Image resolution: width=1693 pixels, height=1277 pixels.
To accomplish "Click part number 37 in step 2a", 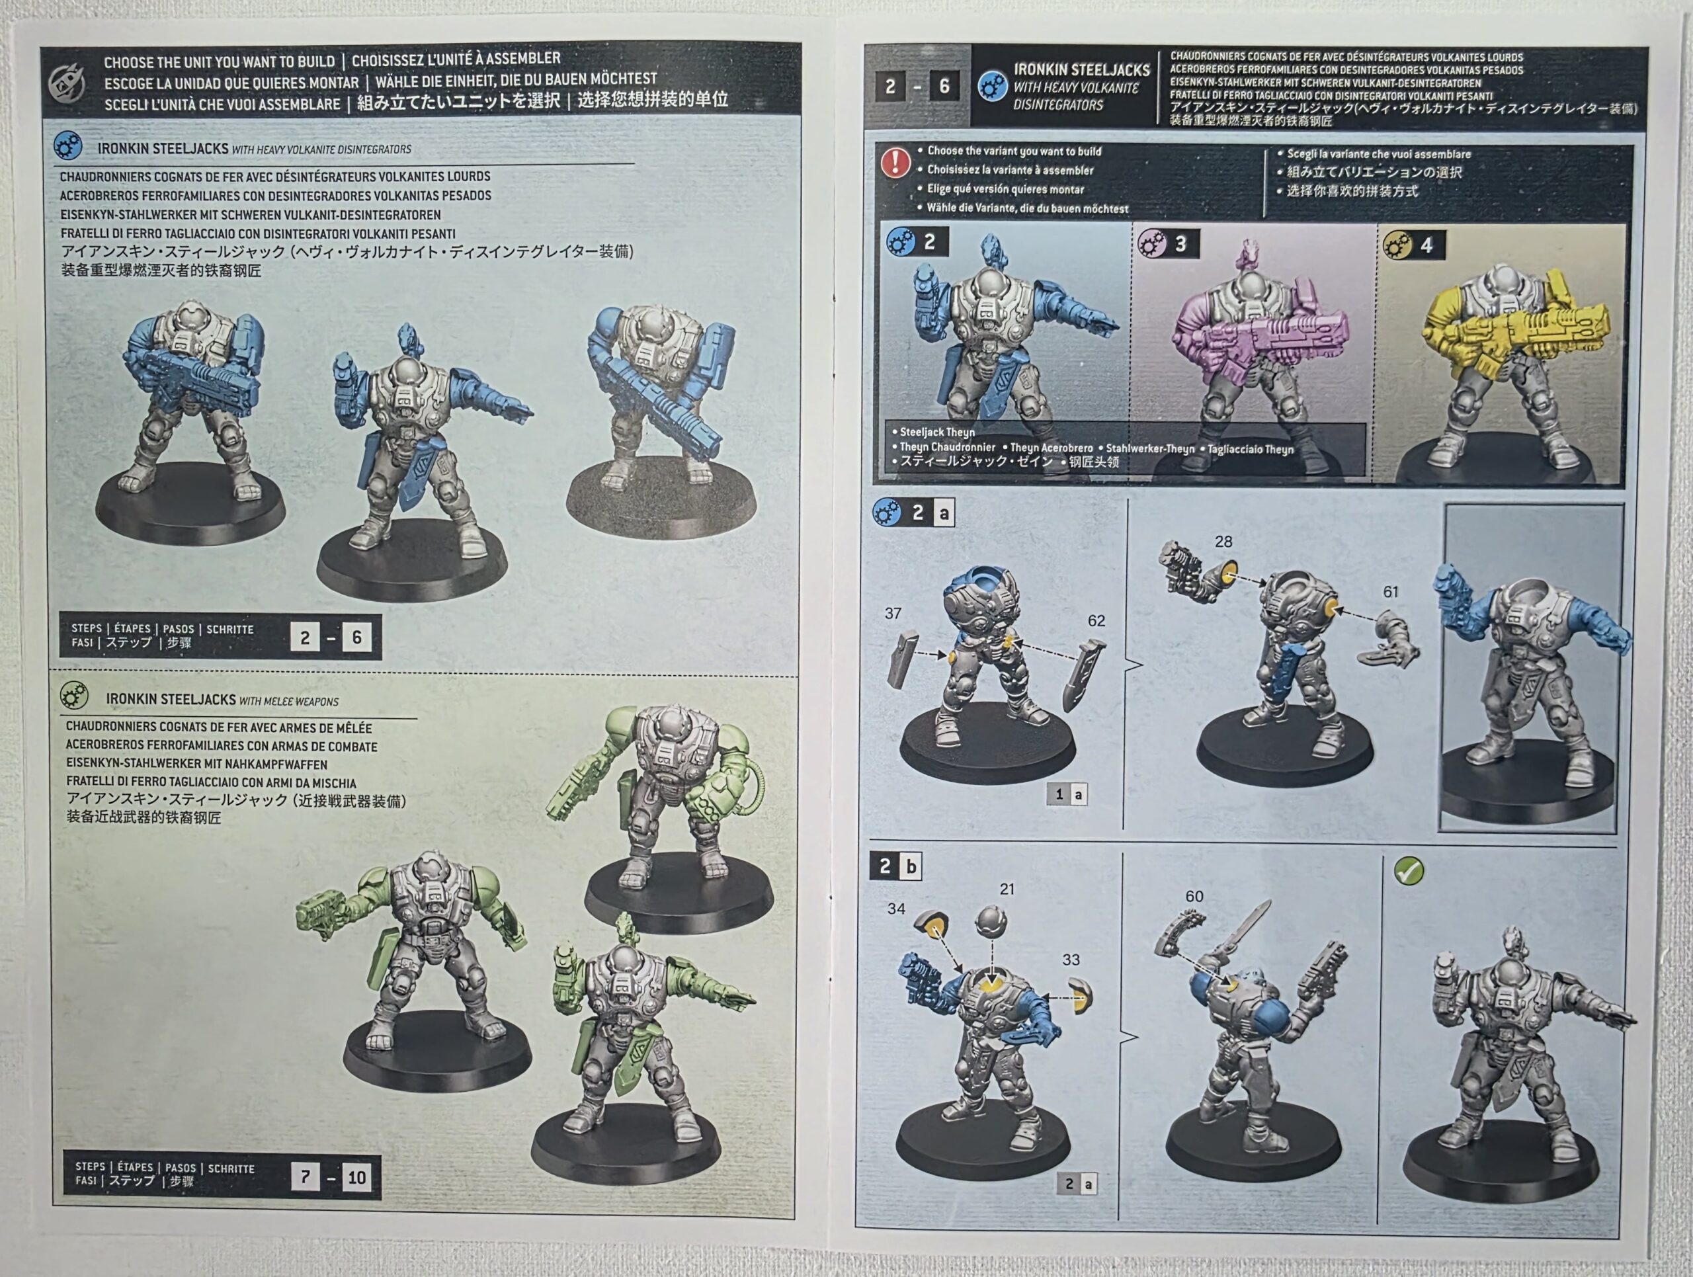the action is pyautogui.click(x=892, y=613).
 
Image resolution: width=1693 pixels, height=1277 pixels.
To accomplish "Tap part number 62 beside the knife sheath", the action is pyautogui.click(x=1096, y=620).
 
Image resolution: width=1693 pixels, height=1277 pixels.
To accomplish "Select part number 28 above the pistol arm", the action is pyautogui.click(x=1223, y=542).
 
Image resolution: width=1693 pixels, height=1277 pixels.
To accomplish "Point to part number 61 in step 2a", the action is pyautogui.click(x=1391, y=591).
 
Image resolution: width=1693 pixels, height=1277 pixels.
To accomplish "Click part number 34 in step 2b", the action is pyautogui.click(x=896, y=908).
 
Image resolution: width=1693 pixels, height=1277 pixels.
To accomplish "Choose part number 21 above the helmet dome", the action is pyautogui.click(x=1007, y=889).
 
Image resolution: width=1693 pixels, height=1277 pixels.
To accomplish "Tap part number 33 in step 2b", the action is pyautogui.click(x=1071, y=960).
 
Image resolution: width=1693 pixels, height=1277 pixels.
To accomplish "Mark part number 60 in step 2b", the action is pyautogui.click(x=1194, y=896).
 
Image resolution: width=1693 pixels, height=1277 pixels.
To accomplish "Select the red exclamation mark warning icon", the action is pyautogui.click(x=895, y=163).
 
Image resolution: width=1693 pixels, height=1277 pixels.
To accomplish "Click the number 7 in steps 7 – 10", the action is pyautogui.click(x=306, y=1176).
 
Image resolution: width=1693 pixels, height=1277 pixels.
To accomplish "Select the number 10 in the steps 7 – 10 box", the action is pyautogui.click(x=356, y=1176).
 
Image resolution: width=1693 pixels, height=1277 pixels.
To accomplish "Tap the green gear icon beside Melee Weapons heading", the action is pyautogui.click(x=73, y=695).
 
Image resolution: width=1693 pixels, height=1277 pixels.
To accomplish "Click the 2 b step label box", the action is pyautogui.click(x=896, y=866).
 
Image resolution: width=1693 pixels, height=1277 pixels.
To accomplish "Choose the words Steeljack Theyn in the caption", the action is pyautogui.click(x=937, y=433).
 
